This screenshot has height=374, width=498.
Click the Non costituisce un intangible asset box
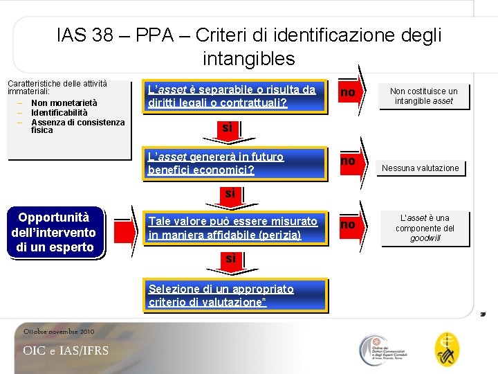[x=424, y=96]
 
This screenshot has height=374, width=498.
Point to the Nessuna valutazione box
[x=421, y=168]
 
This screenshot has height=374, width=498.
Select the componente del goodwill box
[x=424, y=228]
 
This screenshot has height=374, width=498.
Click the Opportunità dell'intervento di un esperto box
[x=54, y=232]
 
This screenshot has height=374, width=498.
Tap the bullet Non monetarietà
[x=64, y=103]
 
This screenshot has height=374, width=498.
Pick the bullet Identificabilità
[x=59, y=112]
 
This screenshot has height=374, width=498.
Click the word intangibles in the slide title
[x=249, y=59]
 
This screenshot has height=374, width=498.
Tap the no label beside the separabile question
[x=348, y=93]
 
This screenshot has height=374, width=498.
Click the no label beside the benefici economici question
[x=348, y=161]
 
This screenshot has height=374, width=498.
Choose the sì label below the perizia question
[x=230, y=258]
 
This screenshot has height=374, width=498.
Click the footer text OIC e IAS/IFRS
[x=66, y=350]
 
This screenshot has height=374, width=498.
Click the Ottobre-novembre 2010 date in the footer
[x=59, y=332]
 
